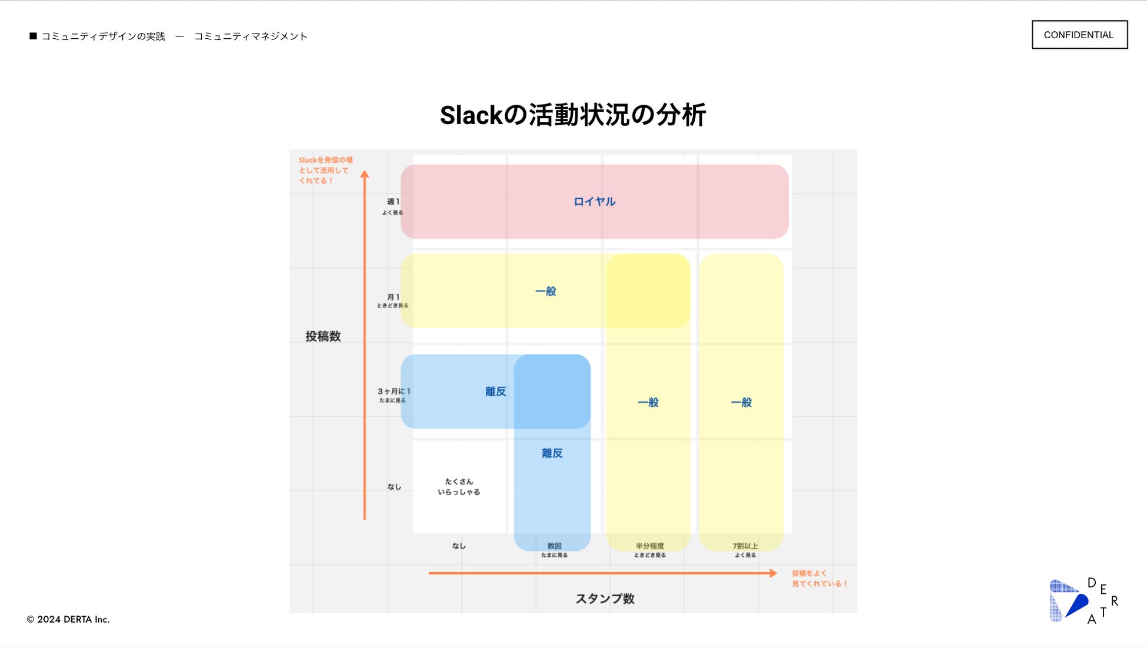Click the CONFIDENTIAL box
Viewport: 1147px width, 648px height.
[1079, 35]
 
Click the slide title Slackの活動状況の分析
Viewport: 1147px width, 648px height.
[572, 115]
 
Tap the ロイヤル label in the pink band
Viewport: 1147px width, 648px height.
[594, 202]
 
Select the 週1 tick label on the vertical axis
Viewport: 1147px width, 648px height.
[393, 202]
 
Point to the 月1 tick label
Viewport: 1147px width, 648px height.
[393, 298]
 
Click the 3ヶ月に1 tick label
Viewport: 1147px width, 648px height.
[394, 392]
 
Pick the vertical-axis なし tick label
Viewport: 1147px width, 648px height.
[394, 487]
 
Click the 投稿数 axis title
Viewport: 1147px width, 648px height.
[323, 336]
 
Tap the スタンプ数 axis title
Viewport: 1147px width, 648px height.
[605, 599]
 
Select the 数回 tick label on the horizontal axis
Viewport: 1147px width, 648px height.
[554, 546]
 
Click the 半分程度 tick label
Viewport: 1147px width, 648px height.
[649, 546]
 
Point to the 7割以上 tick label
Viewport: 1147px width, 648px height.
[745, 546]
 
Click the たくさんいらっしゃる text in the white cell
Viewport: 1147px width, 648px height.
[459, 487]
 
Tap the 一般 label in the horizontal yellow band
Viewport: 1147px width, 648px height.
[545, 292]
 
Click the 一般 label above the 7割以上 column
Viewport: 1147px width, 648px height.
[741, 403]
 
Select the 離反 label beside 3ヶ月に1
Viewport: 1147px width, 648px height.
[495, 392]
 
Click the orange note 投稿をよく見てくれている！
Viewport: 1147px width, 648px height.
[819, 579]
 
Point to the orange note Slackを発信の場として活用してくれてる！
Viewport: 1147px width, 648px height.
[325, 171]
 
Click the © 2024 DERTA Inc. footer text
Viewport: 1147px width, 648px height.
[68, 619]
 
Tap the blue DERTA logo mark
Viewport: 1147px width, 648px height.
[1068, 600]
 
